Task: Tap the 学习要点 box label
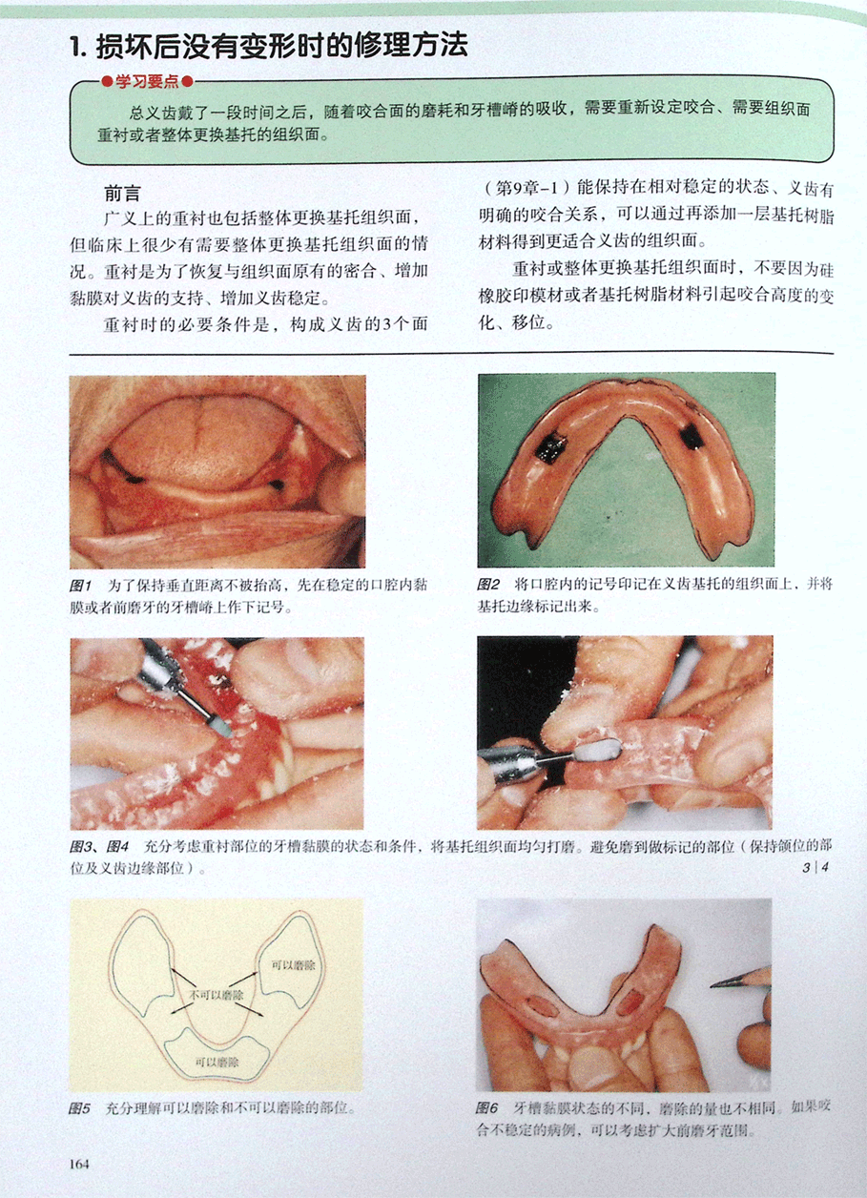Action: (x=147, y=82)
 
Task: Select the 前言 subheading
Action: (x=122, y=193)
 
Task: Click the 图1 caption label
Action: (x=81, y=586)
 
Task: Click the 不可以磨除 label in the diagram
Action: (x=216, y=995)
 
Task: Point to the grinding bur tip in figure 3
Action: (x=222, y=730)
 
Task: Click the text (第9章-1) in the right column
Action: (x=527, y=188)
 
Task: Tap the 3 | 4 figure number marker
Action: (x=815, y=867)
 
